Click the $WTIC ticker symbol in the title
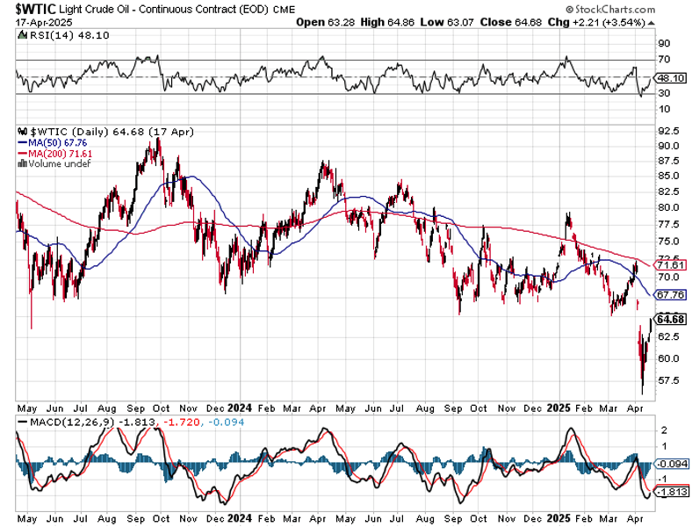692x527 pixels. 34,9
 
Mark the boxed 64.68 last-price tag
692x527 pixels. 671,319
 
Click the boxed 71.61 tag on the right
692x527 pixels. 671,265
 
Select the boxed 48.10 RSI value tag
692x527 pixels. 671,78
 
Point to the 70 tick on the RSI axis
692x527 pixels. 665,60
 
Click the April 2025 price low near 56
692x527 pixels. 642,393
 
